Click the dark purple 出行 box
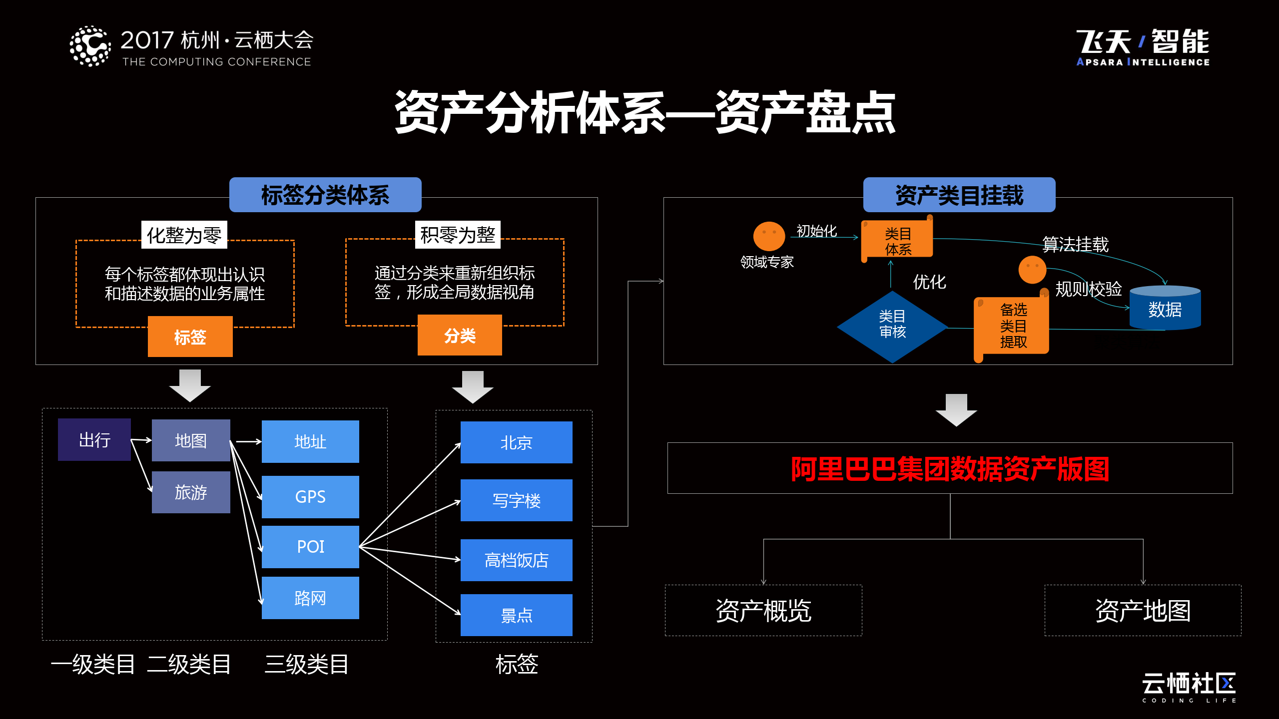tap(94, 440)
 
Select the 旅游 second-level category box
tap(191, 492)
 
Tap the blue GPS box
tap(310, 497)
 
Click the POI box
tap(310, 547)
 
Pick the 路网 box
tap(310, 598)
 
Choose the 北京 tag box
tap(516, 442)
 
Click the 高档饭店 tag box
tap(516, 560)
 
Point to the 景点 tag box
tap(516, 615)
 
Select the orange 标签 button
tap(190, 337)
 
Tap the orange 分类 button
tap(460, 336)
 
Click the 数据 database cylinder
tap(1165, 309)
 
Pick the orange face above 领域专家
tap(769, 236)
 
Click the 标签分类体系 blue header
tap(325, 195)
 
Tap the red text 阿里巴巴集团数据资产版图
tap(950, 469)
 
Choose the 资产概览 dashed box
tap(763, 610)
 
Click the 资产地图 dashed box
tap(1143, 610)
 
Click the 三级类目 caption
tap(306, 665)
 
